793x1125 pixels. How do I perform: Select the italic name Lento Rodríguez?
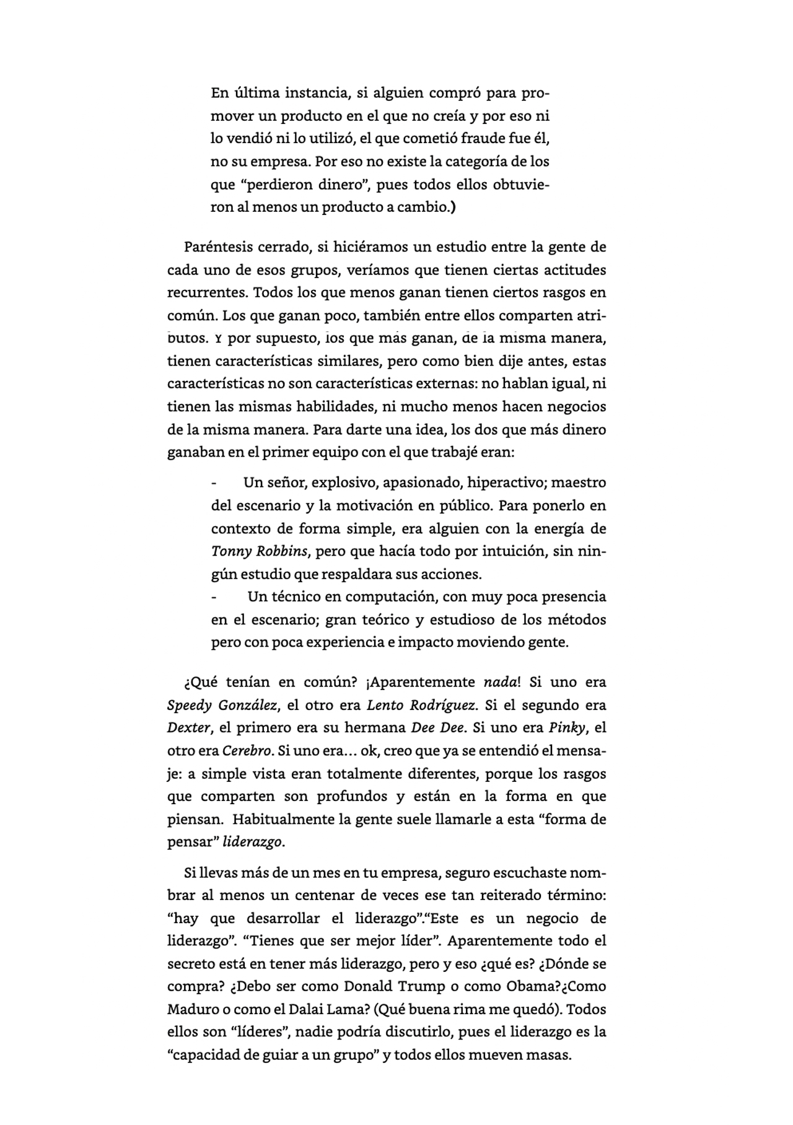point(421,705)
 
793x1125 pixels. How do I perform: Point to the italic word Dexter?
point(188,728)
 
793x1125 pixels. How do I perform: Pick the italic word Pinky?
point(566,728)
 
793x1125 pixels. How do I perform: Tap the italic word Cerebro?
point(247,751)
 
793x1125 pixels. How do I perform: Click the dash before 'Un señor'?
point(214,483)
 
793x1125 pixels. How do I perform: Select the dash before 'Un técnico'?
point(214,597)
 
